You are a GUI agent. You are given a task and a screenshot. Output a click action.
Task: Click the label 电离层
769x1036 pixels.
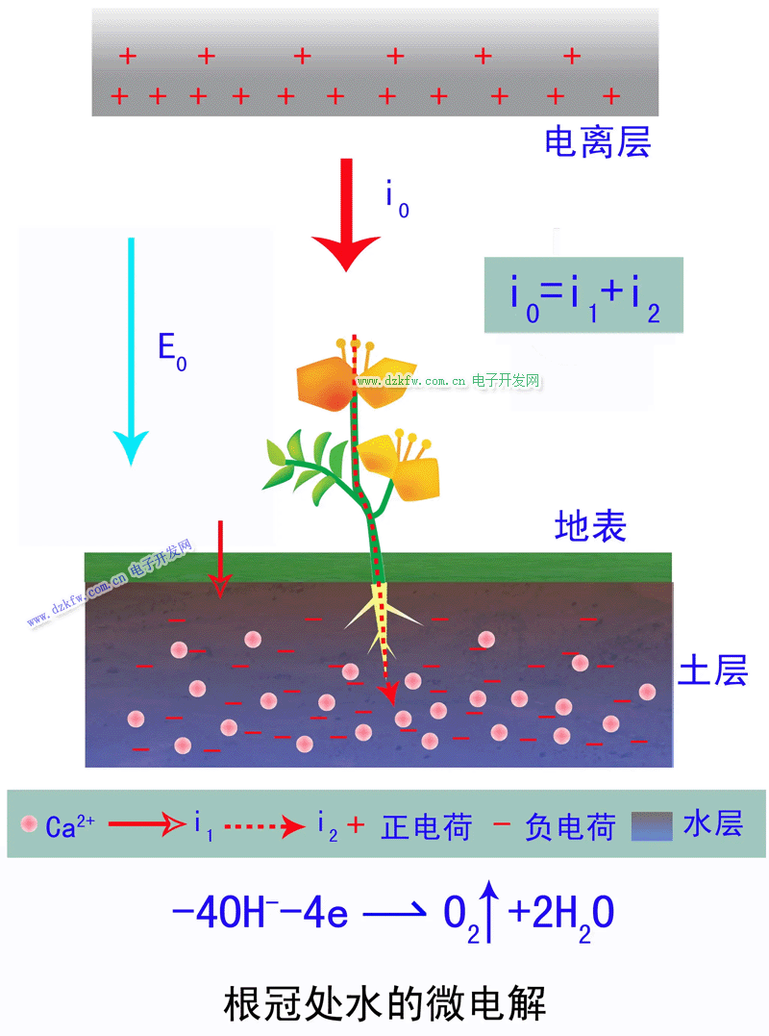(598, 142)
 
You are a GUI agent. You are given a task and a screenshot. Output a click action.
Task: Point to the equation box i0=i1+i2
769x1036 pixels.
(583, 295)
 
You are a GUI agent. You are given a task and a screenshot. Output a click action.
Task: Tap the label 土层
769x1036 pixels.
(712, 670)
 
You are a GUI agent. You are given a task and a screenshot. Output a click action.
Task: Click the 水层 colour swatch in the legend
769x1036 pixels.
(652, 825)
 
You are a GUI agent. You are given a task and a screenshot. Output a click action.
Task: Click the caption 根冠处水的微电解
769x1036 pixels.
(384, 1003)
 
